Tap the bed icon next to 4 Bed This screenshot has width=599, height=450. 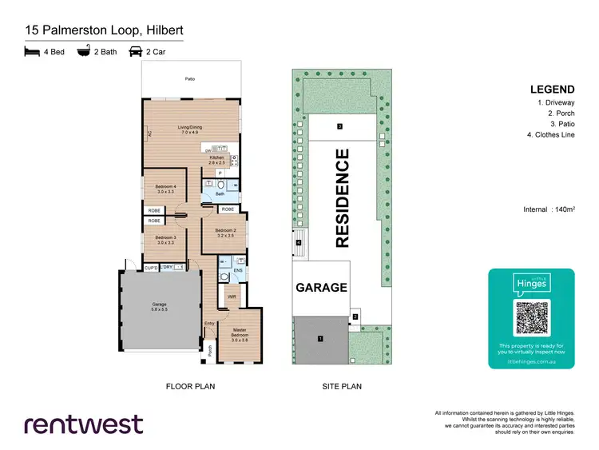31,54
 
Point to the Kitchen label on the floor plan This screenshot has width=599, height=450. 217,159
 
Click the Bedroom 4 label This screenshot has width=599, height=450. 165,189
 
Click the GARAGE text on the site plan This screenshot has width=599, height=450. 322,287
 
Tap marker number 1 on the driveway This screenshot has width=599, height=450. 320,339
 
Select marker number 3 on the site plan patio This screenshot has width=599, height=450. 339,126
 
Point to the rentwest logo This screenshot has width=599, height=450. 84,423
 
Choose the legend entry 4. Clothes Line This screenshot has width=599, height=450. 551,136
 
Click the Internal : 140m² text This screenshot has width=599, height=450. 549,209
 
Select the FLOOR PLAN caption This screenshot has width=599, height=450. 190,386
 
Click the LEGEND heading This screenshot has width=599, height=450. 552,89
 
